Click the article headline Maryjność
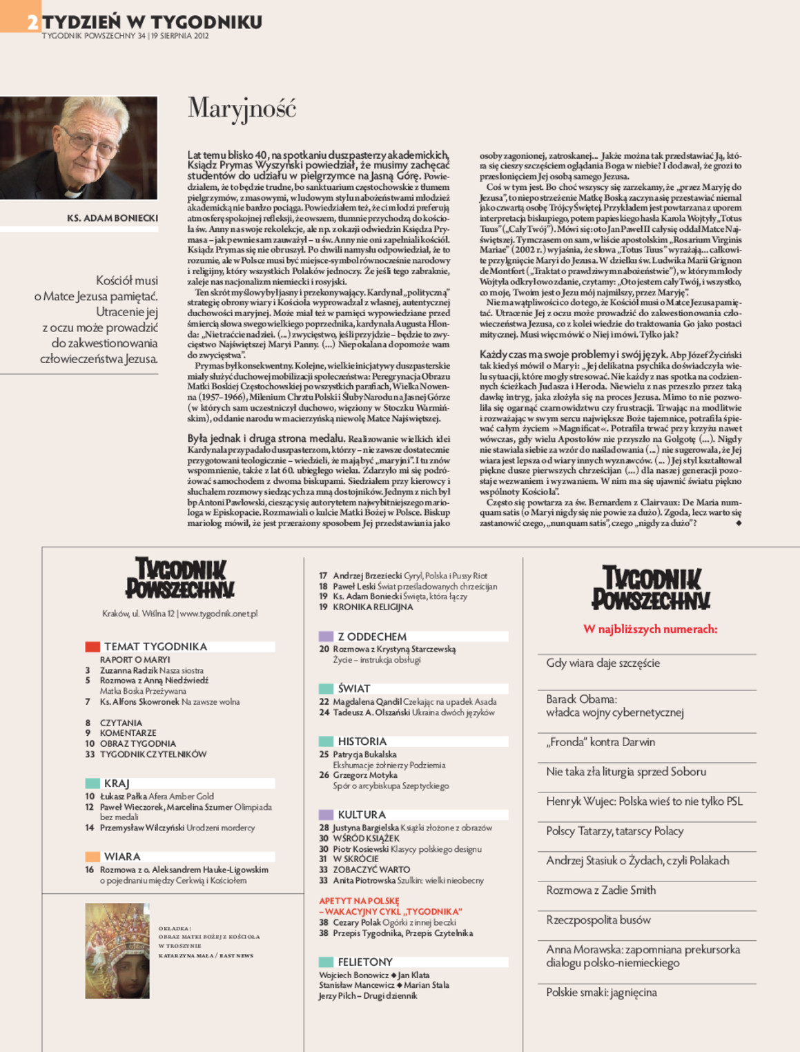tap(242, 109)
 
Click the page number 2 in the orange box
tap(32, 23)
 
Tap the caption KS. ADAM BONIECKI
tap(113, 218)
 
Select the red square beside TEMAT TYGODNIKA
tap(92, 647)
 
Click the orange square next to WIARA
tap(92, 857)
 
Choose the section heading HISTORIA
tap(362, 741)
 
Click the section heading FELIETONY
tap(364, 962)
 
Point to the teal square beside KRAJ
tap(92, 783)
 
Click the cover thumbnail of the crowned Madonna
tap(117, 951)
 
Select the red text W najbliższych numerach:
tap(650, 629)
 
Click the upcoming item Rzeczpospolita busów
tap(598, 920)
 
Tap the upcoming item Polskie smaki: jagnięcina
tap(601, 993)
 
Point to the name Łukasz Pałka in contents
tap(123, 797)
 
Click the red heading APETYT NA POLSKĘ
tap(359, 901)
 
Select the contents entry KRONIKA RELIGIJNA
tap(373, 607)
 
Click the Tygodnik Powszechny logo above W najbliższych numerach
tap(650, 588)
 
